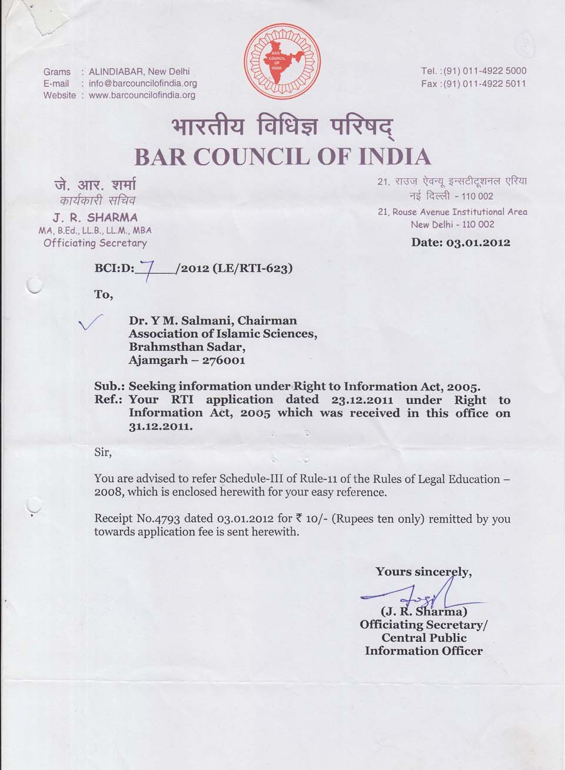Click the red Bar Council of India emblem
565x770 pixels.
pyautogui.click(x=282, y=62)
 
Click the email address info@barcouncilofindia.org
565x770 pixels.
pyautogui.click(x=143, y=83)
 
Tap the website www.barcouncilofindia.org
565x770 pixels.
pyautogui.click(x=142, y=95)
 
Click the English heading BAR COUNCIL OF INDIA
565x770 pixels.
pyautogui.click(x=282, y=156)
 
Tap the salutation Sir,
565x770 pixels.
pyautogui.click(x=103, y=453)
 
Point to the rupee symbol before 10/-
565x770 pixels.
pyautogui.click(x=299, y=518)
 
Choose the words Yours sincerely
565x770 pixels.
pyautogui.click(x=423, y=571)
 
